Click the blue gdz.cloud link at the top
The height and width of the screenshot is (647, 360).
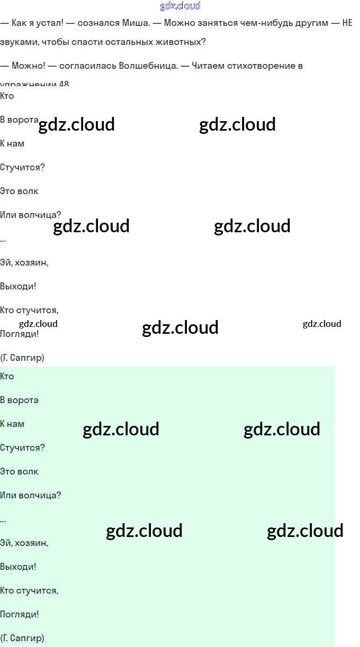pos(180,6)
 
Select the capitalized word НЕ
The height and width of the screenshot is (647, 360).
pos(347,23)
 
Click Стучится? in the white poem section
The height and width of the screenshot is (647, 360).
pos(22,168)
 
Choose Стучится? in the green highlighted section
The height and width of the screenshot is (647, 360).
pos(22,448)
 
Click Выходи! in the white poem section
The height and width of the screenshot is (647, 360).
pos(18,287)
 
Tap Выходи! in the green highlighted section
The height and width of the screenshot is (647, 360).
pos(18,567)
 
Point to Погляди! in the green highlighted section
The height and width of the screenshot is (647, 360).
pos(20,615)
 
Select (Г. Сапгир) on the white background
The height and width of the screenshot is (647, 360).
pos(22,358)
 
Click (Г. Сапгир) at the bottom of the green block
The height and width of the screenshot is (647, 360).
pos(22,639)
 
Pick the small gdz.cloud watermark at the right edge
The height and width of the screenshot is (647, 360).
pos(322,324)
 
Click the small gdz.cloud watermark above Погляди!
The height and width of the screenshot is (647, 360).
pos(38,324)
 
